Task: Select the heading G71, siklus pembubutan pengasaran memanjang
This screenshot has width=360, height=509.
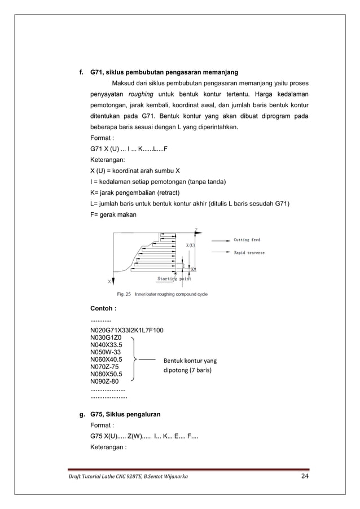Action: pos(164,72)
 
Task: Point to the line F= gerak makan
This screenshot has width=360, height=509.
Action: pos(113,215)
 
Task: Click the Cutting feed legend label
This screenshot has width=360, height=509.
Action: pos(247,240)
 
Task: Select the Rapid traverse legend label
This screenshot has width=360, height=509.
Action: pos(249,253)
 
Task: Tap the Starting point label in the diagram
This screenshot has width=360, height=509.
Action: pos(174,279)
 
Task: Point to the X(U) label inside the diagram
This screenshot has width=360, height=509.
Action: pos(191,245)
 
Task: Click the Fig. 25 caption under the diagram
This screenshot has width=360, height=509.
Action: pos(162,294)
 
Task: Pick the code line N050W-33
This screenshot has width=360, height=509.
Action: pos(105,352)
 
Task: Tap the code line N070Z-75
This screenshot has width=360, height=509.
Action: pos(104,367)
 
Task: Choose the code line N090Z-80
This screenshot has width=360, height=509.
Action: pos(104,381)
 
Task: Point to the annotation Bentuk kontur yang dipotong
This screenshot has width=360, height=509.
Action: pos(190,366)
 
